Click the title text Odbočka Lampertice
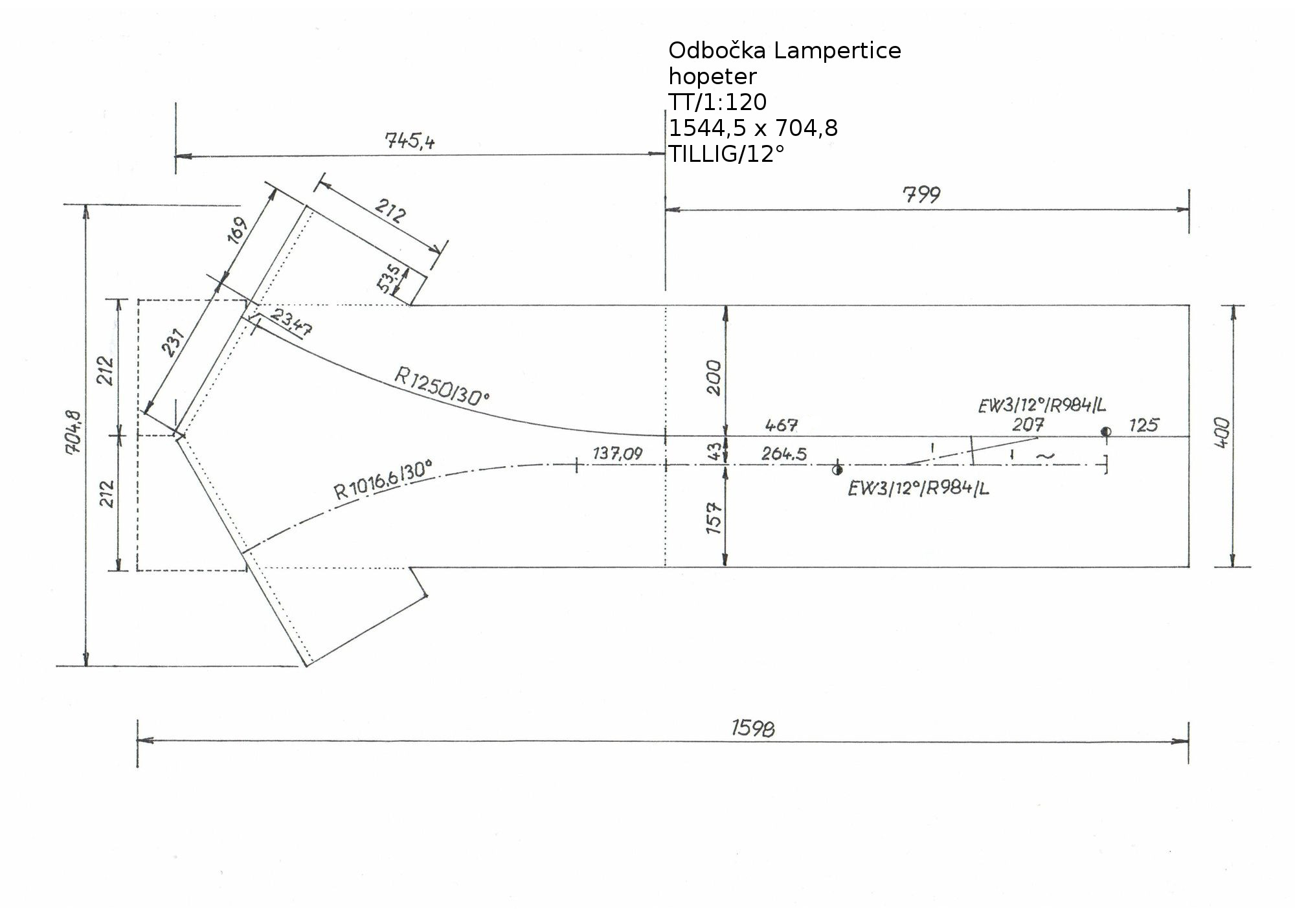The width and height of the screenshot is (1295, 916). coord(784,50)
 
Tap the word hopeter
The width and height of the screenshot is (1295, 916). coord(712,76)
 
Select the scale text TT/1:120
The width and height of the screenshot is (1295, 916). coord(717,102)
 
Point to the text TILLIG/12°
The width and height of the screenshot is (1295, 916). coord(726,154)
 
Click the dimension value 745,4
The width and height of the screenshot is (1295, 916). coord(410,140)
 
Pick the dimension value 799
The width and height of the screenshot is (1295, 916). coord(921,194)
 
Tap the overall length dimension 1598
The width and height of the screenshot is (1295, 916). coord(753,729)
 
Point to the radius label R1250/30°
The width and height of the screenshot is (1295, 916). coord(442,386)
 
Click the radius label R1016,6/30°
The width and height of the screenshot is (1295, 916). coord(383,480)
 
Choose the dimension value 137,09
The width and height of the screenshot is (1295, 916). coord(618,453)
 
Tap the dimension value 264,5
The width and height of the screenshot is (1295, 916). coord(784,454)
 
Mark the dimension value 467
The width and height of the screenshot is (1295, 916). coord(782,425)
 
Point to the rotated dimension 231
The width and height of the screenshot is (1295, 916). coord(174,343)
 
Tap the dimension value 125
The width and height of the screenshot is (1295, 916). coord(1143,425)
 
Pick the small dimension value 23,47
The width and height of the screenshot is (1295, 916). coord(292,322)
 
